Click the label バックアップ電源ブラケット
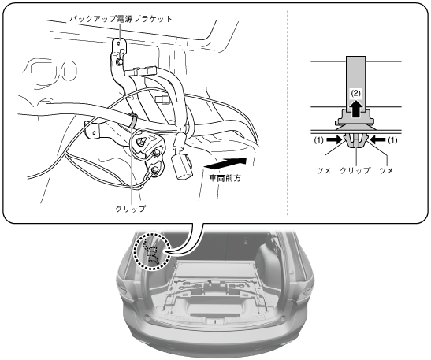(121, 19)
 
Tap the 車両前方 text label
(225, 178)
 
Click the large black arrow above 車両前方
(225, 163)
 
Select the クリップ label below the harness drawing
(131, 209)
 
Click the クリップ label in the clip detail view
(355, 170)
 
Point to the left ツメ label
(324, 170)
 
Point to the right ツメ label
(386, 170)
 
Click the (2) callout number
(355, 94)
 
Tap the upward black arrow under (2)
(355, 109)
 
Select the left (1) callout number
(319, 140)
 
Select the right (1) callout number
(392, 140)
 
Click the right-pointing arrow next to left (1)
(334, 140)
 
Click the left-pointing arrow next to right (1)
(377, 140)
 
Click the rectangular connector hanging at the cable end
(182, 167)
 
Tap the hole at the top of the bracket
(118, 43)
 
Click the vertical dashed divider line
(288, 112)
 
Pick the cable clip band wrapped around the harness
(132, 120)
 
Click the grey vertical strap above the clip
(355, 83)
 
